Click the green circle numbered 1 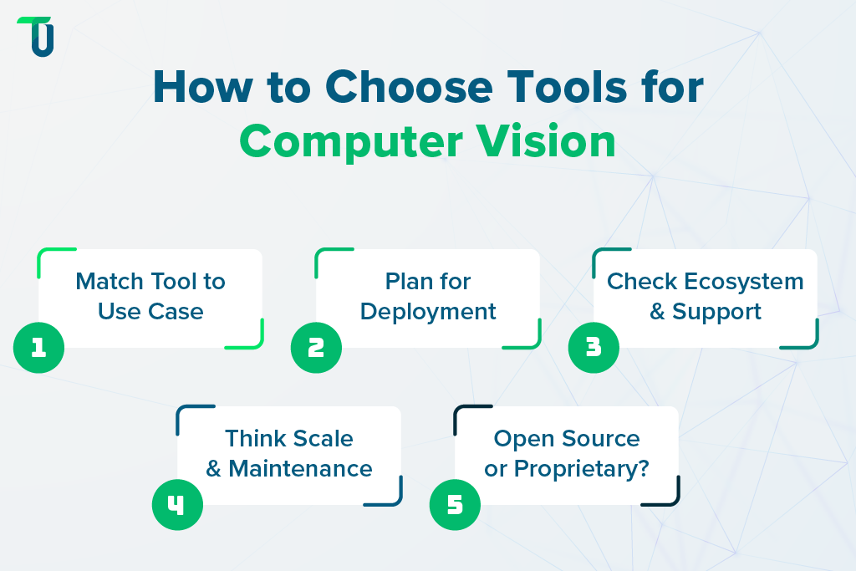39,347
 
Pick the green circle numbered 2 316,347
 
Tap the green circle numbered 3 594,347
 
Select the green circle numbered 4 177,505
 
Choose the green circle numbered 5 455,505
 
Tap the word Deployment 428,312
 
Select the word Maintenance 300,469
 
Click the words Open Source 567,439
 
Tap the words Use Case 150,312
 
